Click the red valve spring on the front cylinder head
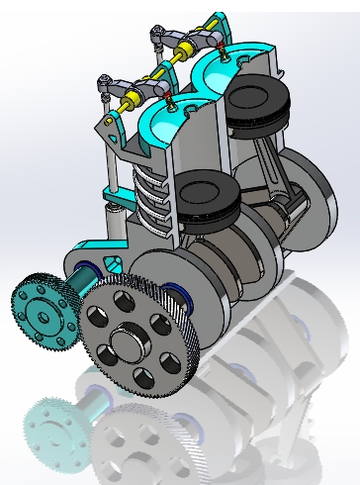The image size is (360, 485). (x=175, y=99)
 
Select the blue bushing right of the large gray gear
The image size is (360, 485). (x=181, y=293)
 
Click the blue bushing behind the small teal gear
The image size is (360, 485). (x=82, y=269)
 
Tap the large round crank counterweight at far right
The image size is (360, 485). (x=315, y=193)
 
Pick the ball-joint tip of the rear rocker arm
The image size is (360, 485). (x=154, y=37)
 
